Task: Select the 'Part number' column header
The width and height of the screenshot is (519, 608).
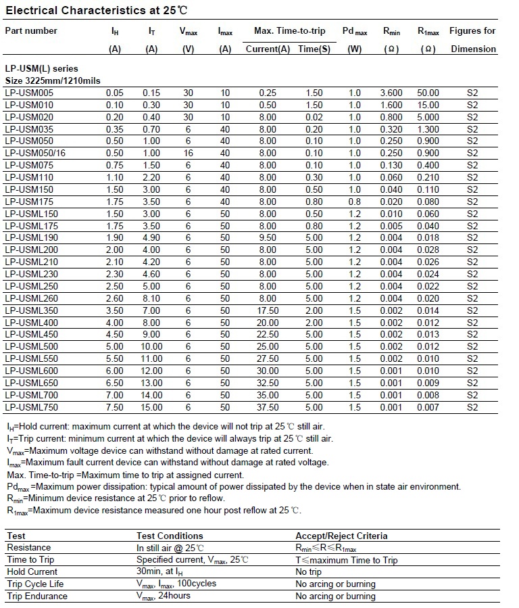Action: pos(31,31)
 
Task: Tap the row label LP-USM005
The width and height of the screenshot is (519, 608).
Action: pos(29,93)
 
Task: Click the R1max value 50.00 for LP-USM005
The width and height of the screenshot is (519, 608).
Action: pos(428,93)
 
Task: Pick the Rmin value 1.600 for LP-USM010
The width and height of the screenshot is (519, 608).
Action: pos(391,105)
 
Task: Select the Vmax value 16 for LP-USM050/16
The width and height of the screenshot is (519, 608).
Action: pos(188,154)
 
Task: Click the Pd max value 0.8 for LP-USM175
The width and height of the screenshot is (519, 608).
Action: pos(355,202)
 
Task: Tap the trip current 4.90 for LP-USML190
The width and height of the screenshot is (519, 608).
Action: pos(152,238)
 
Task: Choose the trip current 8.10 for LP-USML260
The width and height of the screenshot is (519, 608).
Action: pos(152,298)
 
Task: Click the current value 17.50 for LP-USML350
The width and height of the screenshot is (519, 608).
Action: pos(268,310)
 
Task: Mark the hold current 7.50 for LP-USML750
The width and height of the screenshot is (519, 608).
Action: pos(114,407)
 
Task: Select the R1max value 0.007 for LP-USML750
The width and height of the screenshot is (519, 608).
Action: pos(428,407)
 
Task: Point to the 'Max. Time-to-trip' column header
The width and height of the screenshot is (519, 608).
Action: pos(289,31)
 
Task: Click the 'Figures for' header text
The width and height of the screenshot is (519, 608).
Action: pos(472,31)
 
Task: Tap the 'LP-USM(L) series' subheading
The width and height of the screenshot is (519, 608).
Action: pos(41,68)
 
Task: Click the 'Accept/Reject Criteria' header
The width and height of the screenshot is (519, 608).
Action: pos(341,536)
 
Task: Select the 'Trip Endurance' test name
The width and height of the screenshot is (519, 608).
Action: pos(37,596)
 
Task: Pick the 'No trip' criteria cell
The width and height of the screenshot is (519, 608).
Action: pos(310,572)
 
